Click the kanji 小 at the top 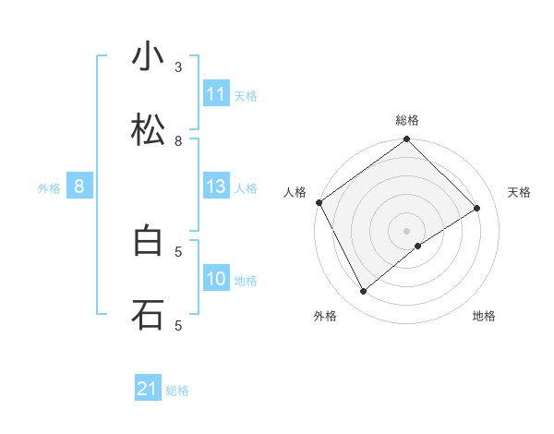(148, 57)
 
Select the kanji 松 (148, 130)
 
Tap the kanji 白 (148, 241)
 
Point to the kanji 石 (148, 314)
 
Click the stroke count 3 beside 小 (178, 67)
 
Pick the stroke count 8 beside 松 (178, 141)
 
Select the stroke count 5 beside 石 (178, 325)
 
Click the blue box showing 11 (216, 94)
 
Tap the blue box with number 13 (216, 187)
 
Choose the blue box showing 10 (216, 279)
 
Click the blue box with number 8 (79, 187)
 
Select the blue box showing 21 (148, 390)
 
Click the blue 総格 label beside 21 (177, 391)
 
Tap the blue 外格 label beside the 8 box (49, 188)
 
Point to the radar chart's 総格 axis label (407, 120)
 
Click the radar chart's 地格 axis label (484, 316)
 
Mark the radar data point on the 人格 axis (319, 202)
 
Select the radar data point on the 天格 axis (477, 208)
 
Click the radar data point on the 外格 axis (364, 292)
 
